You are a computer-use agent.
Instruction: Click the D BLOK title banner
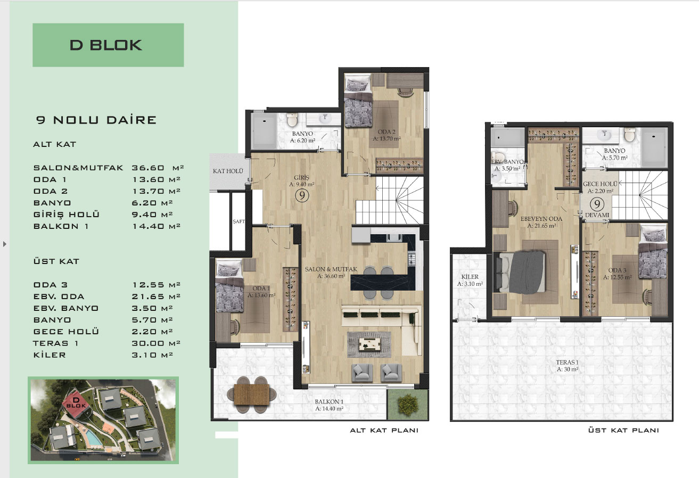pos(108,45)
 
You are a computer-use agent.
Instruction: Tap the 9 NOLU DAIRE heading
pos(96,120)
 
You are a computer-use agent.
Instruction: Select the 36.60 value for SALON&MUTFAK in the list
pos(147,168)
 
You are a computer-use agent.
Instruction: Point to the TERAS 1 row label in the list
pos(55,343)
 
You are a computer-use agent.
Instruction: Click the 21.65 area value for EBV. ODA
pos(147,296)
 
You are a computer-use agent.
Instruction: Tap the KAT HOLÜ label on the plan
pos(228,171)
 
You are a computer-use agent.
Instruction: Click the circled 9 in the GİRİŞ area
pos(302,196)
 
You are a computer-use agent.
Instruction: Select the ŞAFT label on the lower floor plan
pos(239,221)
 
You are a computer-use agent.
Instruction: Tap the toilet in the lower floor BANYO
pos(292,119)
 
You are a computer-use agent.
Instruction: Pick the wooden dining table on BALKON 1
pos(251,394)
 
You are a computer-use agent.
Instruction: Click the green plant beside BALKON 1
pos(408,405)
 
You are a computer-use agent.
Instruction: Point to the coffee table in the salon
pos(369,344)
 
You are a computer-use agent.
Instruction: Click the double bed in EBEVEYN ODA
pos(520,272)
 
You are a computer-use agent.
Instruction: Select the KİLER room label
pos(470,277)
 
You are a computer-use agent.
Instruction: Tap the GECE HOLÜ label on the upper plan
pos(600,184)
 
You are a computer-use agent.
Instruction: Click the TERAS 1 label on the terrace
pos(567,362)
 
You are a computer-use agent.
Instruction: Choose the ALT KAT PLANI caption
pos(384,431)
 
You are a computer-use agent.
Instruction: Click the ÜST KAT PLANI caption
pos(623,431)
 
